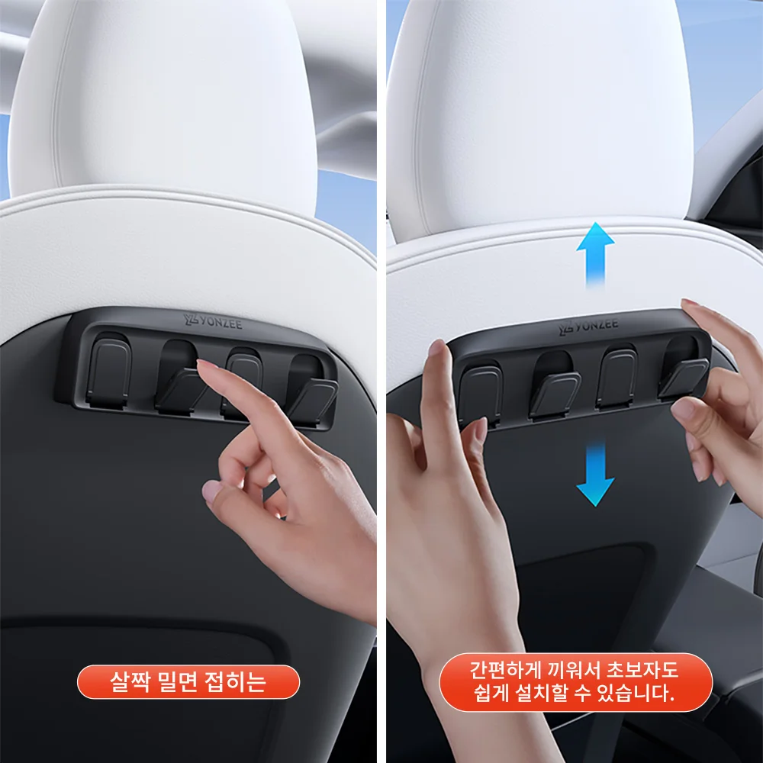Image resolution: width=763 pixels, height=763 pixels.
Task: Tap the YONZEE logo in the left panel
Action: point(213,322)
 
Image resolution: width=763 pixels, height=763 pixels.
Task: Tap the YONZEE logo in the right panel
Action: point(588,326)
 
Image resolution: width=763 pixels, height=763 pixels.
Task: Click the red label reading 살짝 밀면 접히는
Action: point(188,681)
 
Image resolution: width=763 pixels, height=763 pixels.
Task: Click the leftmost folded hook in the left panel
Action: point(109,370)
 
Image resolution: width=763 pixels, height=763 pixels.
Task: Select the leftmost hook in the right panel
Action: point(481,395)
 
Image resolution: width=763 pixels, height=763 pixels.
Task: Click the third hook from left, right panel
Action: point(617,378)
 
